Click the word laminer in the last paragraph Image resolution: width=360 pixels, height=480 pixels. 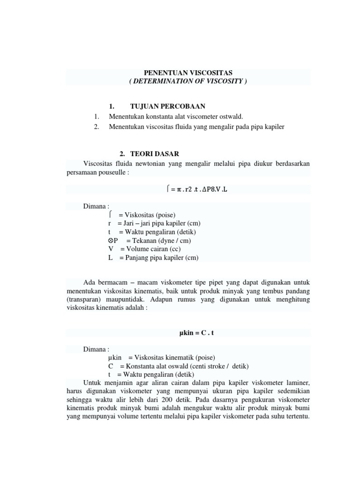298,384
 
